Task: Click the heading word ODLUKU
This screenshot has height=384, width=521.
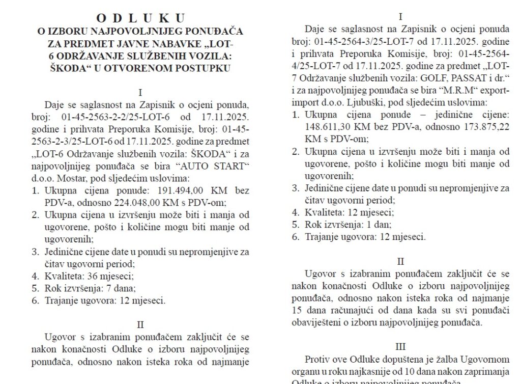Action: click(140, 19)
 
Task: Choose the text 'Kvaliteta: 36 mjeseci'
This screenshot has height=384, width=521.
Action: click(89, 277)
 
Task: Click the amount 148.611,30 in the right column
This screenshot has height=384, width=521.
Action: click(336, 127)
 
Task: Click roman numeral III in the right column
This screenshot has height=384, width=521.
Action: click(401, 347)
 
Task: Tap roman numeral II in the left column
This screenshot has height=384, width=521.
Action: click(140, 324)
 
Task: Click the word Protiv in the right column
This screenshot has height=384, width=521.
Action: click(317, 360)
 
